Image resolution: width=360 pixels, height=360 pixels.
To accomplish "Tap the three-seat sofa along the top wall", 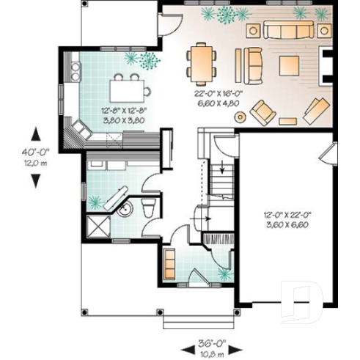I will coord(288,30).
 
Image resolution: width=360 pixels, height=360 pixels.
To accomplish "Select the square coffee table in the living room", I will coord(287,64).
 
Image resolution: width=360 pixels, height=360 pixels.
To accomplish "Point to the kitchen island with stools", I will coord(128,89).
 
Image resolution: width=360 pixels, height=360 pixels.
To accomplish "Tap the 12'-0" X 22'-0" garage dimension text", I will coord(287,219).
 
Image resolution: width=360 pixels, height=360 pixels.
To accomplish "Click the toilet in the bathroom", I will coord(150,208).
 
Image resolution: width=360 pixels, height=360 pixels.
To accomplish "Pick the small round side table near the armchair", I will coord(288,117).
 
